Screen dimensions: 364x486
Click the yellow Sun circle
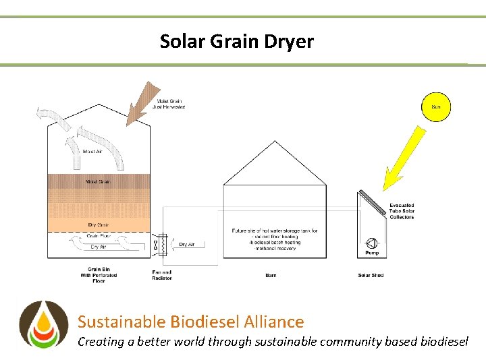point(436,107)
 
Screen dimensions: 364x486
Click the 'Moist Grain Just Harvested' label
point(169,104)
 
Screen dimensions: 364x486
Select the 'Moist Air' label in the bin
point(92,151)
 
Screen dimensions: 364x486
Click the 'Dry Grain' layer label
point(99,224)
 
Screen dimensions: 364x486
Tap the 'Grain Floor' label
point(99,236)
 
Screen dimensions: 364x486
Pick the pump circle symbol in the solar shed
point(371,243)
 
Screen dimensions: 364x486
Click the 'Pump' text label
point(372,253)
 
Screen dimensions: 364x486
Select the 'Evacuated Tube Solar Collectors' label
point(402,211)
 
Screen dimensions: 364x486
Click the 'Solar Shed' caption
point(371,275)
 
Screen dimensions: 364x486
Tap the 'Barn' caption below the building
point(271,275)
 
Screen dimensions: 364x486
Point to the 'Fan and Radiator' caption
point(162,275)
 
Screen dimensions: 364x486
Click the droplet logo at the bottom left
point(43,324)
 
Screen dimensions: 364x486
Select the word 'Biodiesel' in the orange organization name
point(207,322)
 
